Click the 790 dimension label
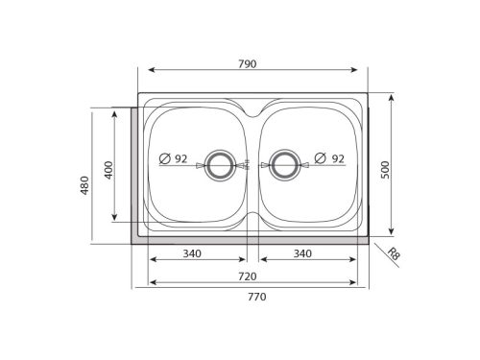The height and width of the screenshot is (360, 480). pos(247,64)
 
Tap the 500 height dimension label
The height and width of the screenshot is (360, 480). pos(386,170)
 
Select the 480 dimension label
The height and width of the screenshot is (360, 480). pos(84,185)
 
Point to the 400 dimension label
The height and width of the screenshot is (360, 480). pos(109,170)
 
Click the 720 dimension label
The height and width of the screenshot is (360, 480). pos(248,276)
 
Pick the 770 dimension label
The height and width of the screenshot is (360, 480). pos(257,297)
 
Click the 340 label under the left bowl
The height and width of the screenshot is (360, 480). pos(192,253)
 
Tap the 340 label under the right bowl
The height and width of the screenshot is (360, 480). pos(302,253)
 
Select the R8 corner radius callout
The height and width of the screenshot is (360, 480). pos(394,254)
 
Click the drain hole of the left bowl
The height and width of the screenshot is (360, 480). pos(220,165)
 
